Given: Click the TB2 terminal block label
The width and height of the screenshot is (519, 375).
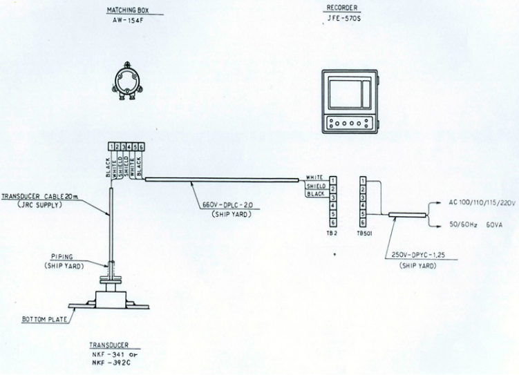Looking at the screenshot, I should click(332, 233).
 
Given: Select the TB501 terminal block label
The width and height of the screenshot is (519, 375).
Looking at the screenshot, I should click(364, 233).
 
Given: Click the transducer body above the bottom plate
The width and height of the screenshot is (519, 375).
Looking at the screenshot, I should click(112, 296).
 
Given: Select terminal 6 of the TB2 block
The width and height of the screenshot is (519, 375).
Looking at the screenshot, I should click(332, 223).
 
